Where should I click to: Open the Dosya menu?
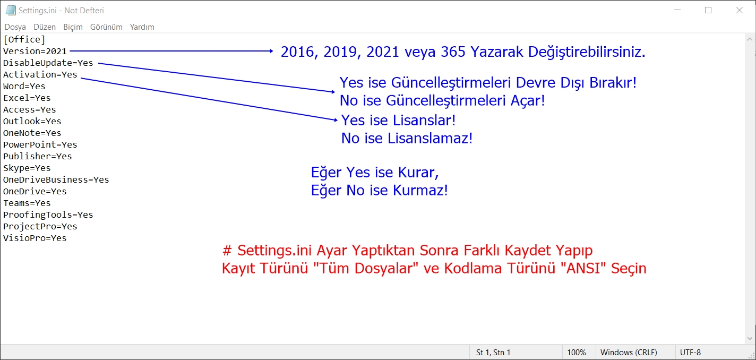coord(15,27)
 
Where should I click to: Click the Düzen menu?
coord(45,27)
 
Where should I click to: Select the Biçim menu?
coord(73,27)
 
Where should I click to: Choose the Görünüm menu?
coord(106,27)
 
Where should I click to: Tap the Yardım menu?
coord(142,27)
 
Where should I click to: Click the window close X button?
coord(740,11)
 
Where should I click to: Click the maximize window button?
coord(708,11)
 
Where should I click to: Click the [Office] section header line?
coord(24,39)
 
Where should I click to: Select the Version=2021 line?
coord(35,52)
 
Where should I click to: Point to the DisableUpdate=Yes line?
coord(48,63)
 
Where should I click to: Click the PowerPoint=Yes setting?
coord(40,145)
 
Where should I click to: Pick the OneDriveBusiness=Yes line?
coord(56,180)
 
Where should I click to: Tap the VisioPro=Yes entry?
coord(35,238)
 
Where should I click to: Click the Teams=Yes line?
coord(27,203)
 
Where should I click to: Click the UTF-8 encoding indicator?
coord(690,353)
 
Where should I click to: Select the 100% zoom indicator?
coord(577,353)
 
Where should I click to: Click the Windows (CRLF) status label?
coord(629,353)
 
